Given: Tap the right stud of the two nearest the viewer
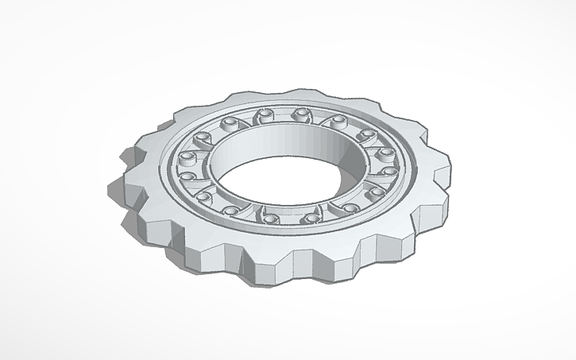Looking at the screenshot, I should (309, 217).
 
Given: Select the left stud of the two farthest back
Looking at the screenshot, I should (266, 117).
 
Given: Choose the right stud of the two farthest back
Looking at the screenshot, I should (300, 114).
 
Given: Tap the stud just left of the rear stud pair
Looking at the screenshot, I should (230, 123).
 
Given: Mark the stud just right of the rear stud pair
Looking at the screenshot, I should (338, 121).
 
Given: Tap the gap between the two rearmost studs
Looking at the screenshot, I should (283, 116).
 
